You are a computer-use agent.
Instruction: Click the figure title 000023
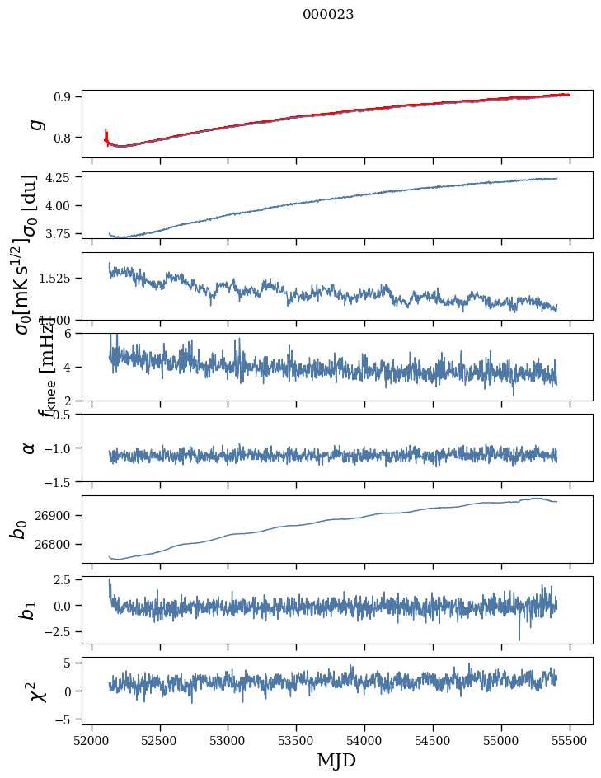coord(328,14)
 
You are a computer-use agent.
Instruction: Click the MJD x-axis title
coord(336,760)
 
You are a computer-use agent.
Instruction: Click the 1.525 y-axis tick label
coord(58,279)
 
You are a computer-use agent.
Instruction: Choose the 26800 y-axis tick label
coord(57,544)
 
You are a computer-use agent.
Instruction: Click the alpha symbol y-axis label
coord(30,448)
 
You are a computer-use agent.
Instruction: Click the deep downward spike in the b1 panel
coord(519,638)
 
